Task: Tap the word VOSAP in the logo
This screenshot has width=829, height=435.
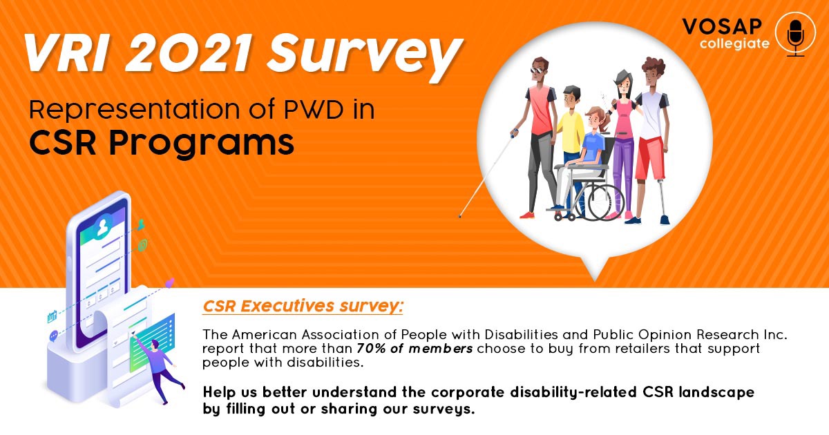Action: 722,27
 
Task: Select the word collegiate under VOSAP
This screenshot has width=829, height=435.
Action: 734,44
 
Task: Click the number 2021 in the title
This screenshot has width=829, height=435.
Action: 189,53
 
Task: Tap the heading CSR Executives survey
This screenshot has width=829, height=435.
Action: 303,307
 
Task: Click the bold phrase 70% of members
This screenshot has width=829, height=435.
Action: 414,349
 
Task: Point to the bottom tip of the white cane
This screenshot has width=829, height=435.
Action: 460,216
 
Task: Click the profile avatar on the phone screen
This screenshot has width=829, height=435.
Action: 102,226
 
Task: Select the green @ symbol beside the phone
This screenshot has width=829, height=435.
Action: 142,245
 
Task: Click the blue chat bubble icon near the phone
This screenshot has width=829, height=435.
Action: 54,336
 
